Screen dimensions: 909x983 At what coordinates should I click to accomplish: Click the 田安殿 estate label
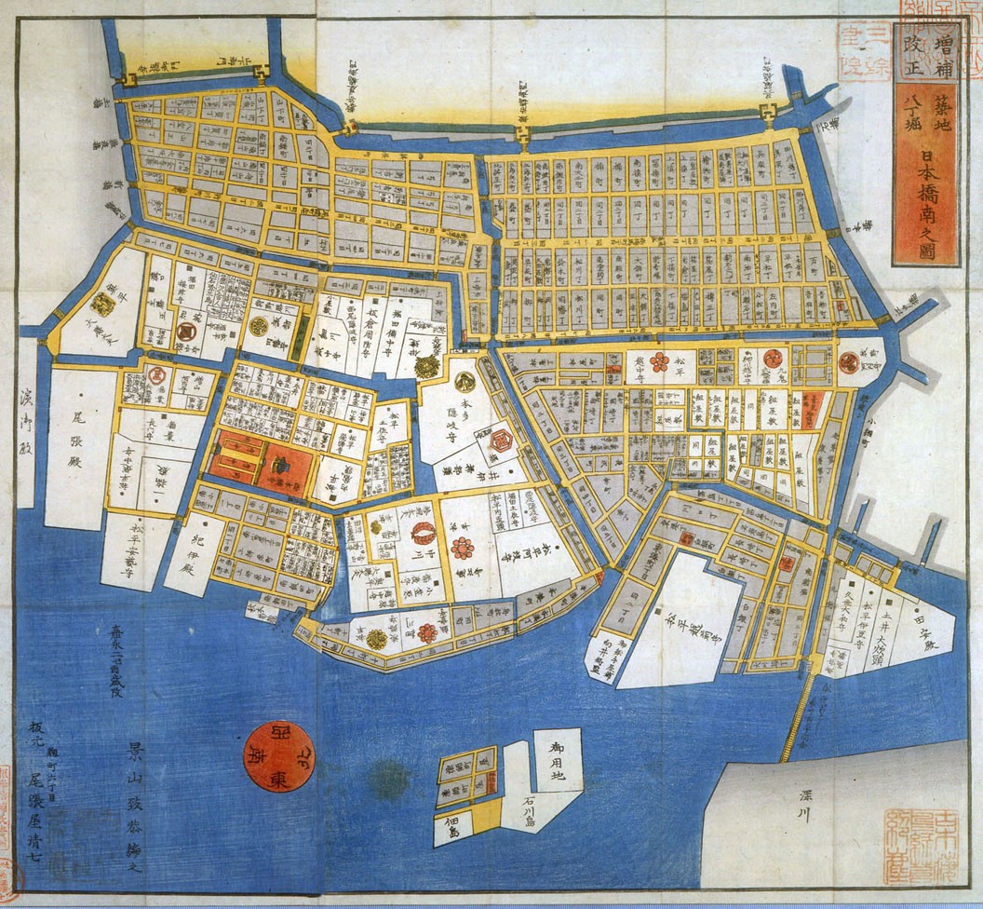click(x=925, y=641)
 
